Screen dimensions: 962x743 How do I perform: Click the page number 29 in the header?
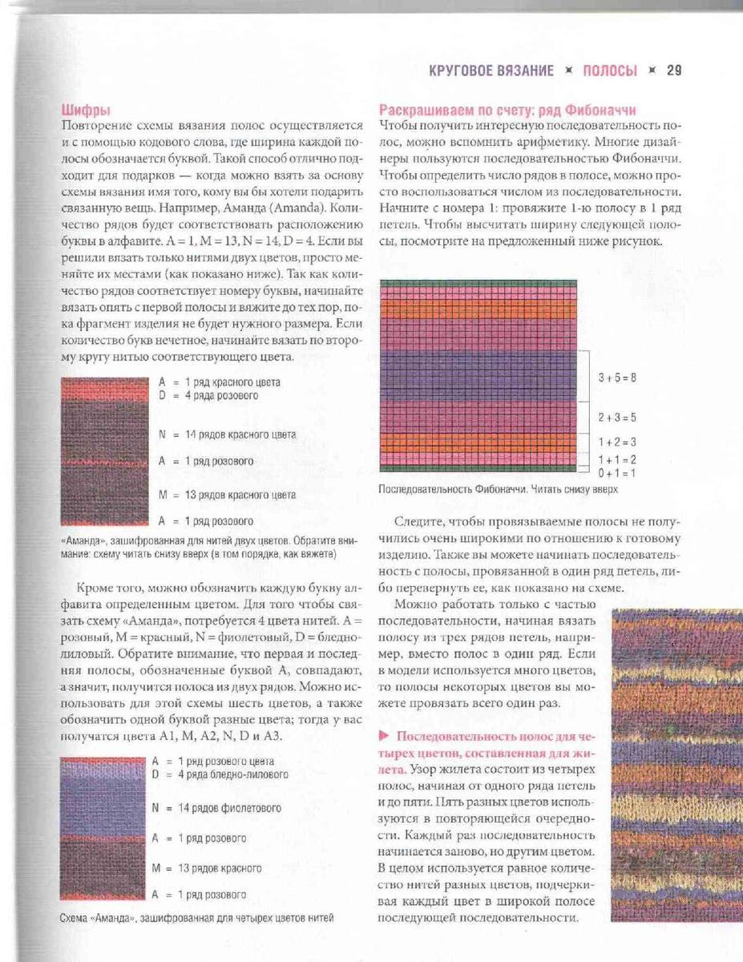(673, 71)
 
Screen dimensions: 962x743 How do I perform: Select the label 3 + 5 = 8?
(617, 378)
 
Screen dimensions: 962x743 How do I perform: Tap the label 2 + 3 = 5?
(617, 418)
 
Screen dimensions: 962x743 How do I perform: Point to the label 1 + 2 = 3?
(617, 442)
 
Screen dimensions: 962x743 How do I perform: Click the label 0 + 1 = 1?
(617, 472)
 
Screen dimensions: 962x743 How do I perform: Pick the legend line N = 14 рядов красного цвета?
(228, 435)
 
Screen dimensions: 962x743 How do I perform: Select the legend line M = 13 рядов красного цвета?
(228, 495)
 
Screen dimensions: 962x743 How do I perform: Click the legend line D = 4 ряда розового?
(208, 395)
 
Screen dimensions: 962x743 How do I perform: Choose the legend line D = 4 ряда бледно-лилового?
(220, 774)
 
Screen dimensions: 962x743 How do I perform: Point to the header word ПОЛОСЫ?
(609, 71)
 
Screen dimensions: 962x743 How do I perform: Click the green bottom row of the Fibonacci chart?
(479, 469)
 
